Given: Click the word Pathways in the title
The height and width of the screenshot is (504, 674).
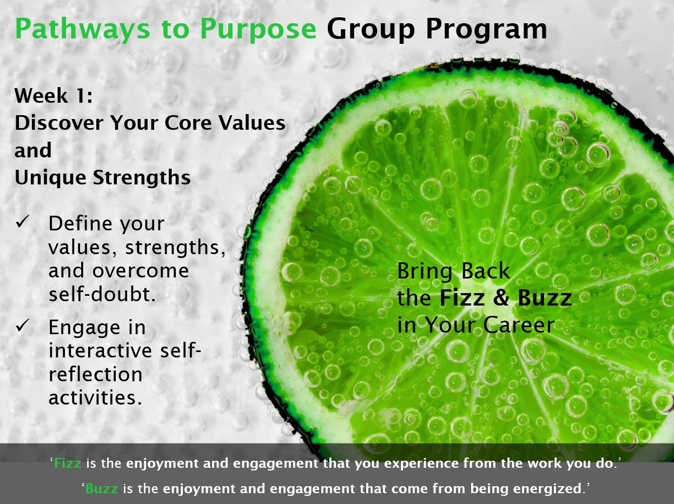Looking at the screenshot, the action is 82,29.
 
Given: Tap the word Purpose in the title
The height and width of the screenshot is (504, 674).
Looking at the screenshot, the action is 258,29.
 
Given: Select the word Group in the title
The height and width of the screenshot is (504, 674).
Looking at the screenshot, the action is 371,29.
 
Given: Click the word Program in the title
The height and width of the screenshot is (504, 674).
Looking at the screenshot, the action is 486,29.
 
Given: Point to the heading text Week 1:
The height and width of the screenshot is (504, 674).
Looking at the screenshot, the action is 54,96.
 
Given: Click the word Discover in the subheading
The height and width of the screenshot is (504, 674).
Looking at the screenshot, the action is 58,123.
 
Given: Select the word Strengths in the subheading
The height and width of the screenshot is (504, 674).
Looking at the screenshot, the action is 142,178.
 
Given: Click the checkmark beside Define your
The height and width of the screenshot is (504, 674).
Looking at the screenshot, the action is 22,221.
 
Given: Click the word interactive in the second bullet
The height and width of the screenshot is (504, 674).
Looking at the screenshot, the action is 100,350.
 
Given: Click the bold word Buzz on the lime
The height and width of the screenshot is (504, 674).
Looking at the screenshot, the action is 545,298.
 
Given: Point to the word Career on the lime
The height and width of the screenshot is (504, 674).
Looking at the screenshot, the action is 519,325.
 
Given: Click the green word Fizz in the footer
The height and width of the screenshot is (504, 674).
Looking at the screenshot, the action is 68,463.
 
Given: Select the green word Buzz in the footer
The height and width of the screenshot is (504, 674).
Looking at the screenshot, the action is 102,488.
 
